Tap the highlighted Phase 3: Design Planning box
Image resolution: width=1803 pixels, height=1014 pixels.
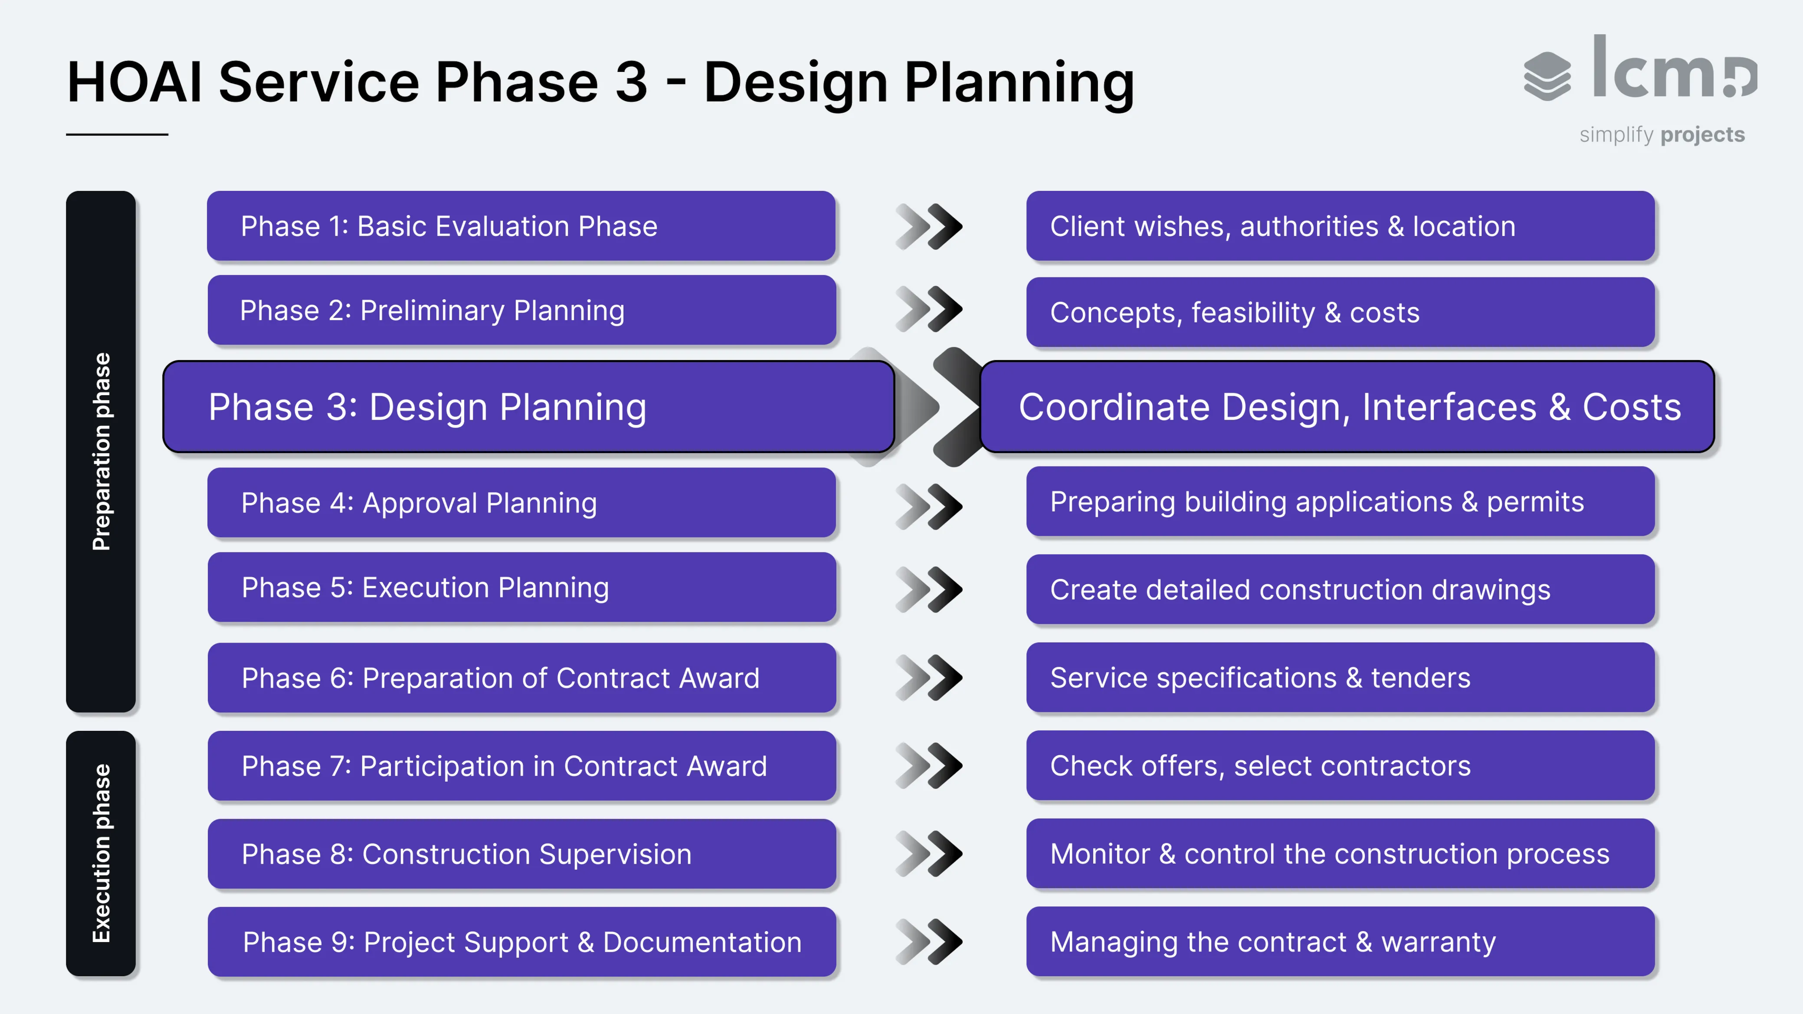(x=528, y=407)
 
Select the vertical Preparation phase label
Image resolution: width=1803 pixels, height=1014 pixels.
(x=101, y=451)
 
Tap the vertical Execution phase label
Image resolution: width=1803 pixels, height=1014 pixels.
(x=101, y=853)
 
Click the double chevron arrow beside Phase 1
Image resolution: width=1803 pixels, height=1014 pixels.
(x=929, y=226)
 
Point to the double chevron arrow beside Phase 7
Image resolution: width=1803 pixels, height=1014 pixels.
(x=929, y=766)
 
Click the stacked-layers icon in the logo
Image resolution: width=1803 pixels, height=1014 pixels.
(x=1547, y=76)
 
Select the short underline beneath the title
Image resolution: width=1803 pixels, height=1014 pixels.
(x=117, y=134)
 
